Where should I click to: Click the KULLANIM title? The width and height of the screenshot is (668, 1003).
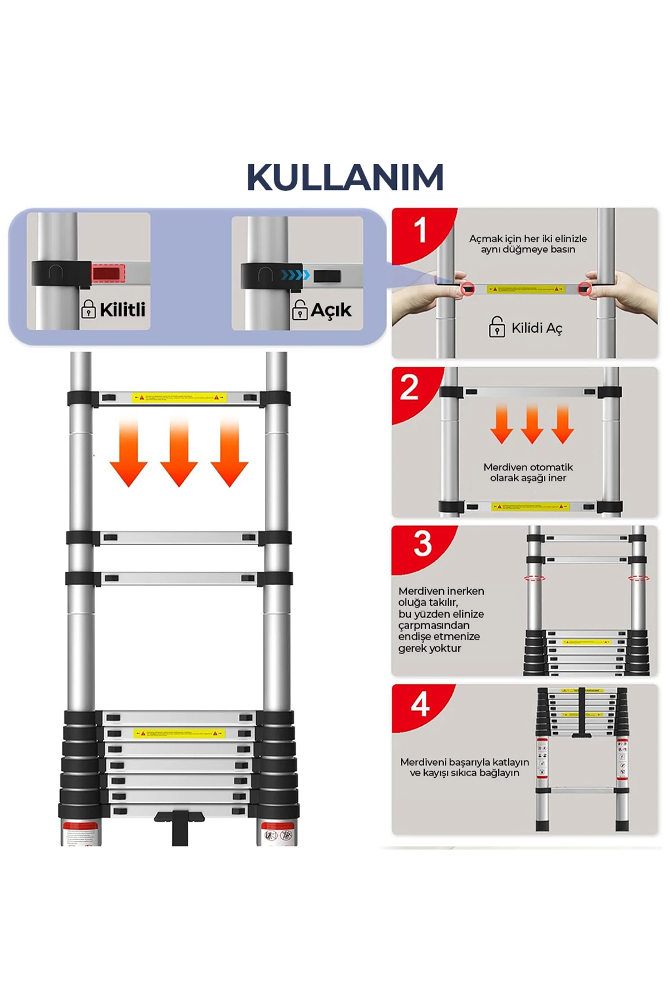(x=345, y=178)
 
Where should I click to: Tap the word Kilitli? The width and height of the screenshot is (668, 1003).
(x=122, y=309)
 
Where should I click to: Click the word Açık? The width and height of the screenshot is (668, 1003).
(x=331, y=310)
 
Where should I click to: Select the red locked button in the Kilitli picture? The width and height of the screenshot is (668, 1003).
(x=109, y=274)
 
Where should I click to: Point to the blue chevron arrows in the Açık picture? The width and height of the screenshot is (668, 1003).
(x=294, y=275)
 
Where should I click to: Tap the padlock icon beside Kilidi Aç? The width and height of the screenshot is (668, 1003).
(x=497, y=327)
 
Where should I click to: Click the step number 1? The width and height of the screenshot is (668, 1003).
(x=420, y=230)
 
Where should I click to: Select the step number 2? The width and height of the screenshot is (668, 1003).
(x=409, y=387)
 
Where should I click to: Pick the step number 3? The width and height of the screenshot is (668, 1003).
(x=423, y=544)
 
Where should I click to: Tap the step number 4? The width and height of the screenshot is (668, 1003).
(x=420, y=704)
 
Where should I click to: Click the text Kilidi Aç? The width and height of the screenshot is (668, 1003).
(x=537, y=328)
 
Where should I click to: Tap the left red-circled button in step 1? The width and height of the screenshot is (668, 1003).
(x=467, y=289)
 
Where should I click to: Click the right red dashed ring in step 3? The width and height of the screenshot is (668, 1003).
(x=638, y=578)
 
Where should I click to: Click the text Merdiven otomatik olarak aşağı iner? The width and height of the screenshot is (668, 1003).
(x=528, y=473)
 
